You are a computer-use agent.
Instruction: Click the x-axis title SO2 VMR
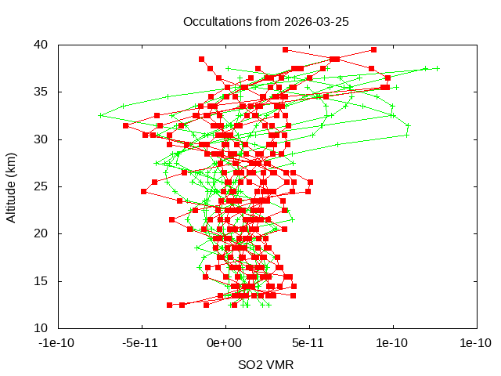click(x=265, y=365)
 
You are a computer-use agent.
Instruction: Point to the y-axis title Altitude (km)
click(x=12, y=186)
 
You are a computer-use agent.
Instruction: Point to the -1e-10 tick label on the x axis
click(x=58, y=343)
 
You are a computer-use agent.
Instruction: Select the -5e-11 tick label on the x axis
click(x=142, y=343)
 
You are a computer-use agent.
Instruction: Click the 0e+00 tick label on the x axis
click(x=225, y=343)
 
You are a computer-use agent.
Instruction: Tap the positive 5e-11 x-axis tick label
click(x=309, y=343)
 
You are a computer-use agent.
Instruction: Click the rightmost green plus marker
click(x=438, y=68)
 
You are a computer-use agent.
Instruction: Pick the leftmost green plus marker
click(x=101, y=115)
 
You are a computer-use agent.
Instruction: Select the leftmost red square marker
click(x=125, y=125)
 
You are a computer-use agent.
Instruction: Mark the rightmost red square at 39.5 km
click(x=373, y=49)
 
